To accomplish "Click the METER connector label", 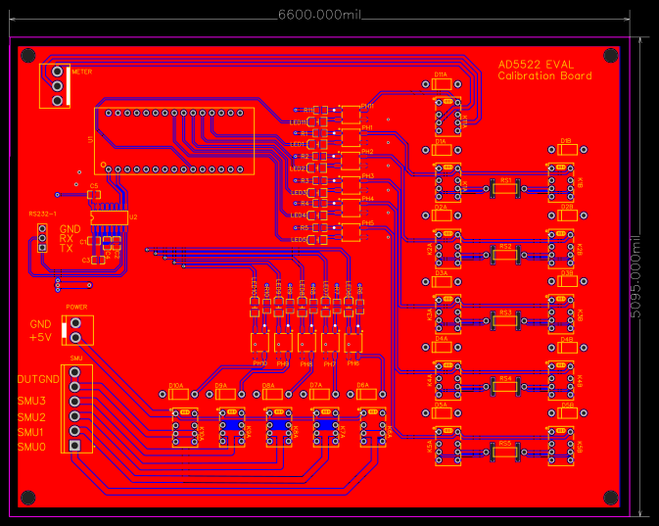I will [82, 72].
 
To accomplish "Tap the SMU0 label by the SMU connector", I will [31, 447].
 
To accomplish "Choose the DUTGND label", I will [37, 378].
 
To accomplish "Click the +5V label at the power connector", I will [40, 337].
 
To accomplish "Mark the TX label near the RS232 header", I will [67, 249].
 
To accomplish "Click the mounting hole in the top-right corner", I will [610, 55].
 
